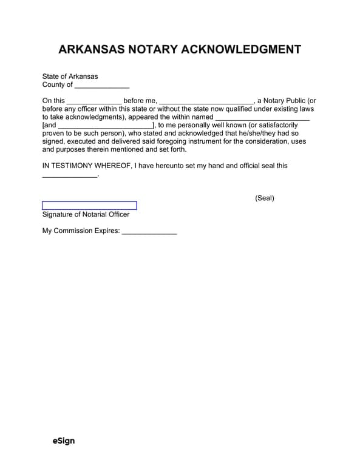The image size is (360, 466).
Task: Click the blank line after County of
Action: coord(102,86)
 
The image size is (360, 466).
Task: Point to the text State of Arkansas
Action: coord(70,76)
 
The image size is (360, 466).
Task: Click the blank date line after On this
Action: coord(93,101)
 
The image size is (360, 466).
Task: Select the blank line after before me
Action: coord(206,101)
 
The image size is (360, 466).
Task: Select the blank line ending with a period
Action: coord(69,174)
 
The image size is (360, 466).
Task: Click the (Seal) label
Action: coord(265,198)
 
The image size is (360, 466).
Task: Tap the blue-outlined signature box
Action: coord(89,206)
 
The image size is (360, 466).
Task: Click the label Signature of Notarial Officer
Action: coord(86,214)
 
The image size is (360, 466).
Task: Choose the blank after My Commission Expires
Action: coord(149,231)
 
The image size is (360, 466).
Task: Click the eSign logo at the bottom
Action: coord(64,441)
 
